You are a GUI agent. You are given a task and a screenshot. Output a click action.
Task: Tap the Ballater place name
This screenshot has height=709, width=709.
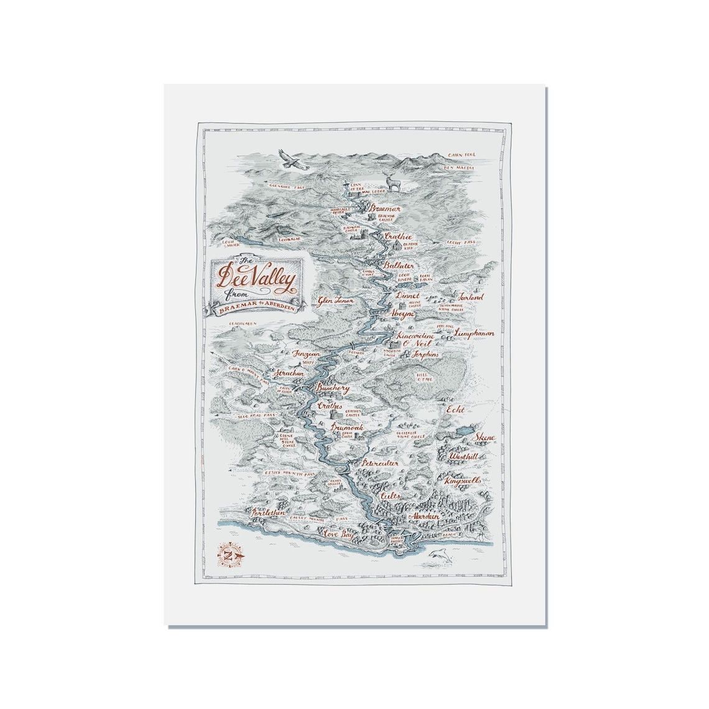(x=399, y=266)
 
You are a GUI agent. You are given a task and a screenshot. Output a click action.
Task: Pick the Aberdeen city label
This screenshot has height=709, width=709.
(x=424, y=516)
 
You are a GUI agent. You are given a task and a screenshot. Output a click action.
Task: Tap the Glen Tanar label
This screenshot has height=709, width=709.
(x=336, y=300)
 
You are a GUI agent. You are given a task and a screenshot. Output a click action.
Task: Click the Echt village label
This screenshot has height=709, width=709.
(x=455, y=410)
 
